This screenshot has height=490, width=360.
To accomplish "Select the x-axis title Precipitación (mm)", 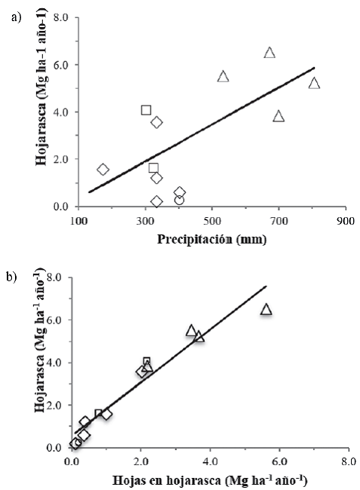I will pyautogui.click(x=212, y=240).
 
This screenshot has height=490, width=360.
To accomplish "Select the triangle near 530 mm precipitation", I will pyautogui.click(x=223, y=76).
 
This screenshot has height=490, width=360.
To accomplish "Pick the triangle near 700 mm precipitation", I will pyautogui.click(x=279, y=116).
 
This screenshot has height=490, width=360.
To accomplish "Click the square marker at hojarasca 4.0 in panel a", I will pyautogui.click(x=146, y=110).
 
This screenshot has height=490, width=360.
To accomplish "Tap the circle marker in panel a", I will pyautogui.click(x=179, y=200).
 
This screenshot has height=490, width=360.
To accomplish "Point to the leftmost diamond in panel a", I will pyautogui.click(x=103, y=170).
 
